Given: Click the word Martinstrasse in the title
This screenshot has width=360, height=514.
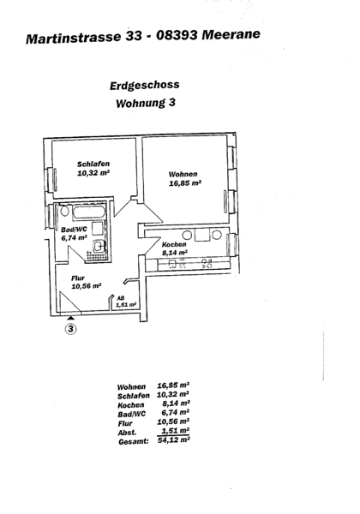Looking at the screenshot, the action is [74, 38].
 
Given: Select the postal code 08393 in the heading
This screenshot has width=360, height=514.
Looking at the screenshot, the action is [177, 35].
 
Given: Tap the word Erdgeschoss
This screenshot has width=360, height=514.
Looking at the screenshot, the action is [145, 85].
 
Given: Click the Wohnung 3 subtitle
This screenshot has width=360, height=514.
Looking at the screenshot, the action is [146, 103].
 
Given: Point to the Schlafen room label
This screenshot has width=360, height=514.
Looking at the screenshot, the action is [93, 164].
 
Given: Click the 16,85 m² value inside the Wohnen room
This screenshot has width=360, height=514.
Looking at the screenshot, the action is [185, 183].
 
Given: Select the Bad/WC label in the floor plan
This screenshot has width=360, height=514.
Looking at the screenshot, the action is [74, 230].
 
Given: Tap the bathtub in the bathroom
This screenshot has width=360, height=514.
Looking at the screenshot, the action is [88, 212].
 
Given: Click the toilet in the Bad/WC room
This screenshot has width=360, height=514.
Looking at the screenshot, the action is [64, 211].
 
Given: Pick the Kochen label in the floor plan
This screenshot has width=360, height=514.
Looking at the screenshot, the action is [174, 244].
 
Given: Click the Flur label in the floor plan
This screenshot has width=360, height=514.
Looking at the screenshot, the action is [78, 278].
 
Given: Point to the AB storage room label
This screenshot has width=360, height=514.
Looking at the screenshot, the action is [121, 298].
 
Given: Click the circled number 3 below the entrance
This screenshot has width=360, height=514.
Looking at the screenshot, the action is [71, 328].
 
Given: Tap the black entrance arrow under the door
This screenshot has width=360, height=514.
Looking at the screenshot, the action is [71, 317].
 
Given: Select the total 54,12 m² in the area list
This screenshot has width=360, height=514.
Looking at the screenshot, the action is [174, 440].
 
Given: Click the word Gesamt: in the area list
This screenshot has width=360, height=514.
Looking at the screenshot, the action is [134, 441].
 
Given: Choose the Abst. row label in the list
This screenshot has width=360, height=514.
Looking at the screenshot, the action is [127, 433].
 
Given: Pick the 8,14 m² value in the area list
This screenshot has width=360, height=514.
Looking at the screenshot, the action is [176, 403].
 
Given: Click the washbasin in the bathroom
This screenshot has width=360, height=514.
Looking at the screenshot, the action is [99, 247].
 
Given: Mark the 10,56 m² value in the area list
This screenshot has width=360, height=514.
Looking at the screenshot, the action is [173, 421].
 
